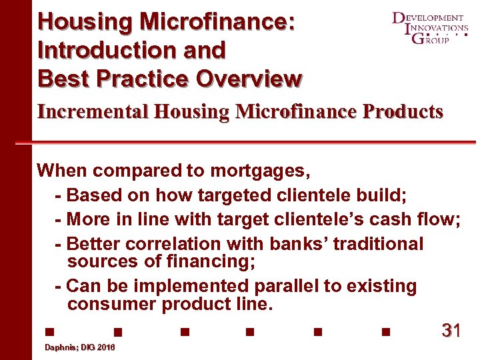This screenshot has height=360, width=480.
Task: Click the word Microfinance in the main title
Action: point(217,22)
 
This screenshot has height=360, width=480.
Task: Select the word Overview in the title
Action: point(248,79)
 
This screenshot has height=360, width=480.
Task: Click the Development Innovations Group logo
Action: point(429,29)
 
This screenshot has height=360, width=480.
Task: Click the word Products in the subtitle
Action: point(402,111)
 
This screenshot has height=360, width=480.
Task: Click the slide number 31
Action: point(451,330)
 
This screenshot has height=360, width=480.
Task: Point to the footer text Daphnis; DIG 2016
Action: point(79,348)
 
